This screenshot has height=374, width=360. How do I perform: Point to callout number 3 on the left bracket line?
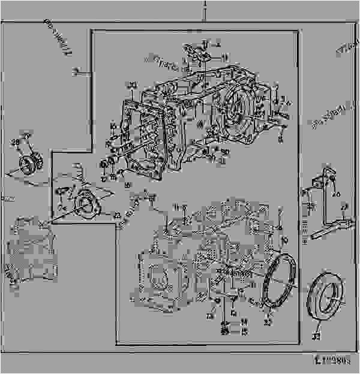pos(76,72)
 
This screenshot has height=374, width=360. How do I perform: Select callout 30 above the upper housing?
pos(133,83)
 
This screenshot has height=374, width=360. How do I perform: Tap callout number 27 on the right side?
pos(343,208)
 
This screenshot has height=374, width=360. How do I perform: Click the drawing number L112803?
pos(335,362)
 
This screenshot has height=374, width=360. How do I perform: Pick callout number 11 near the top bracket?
pos(224,58)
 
